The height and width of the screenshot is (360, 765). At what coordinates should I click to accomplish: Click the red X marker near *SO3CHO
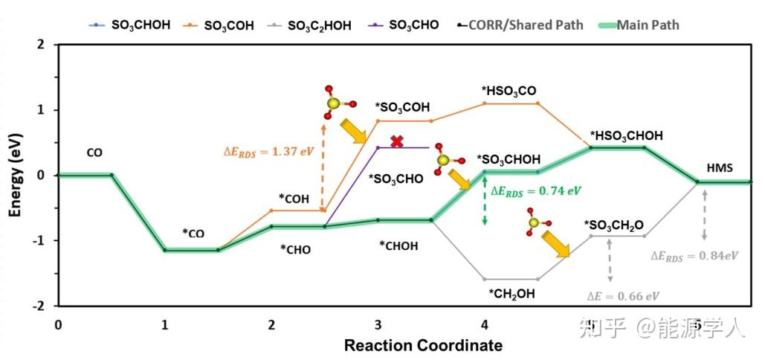pyautogui.click(x=397, y=141)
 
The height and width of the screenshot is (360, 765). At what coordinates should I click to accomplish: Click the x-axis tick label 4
pyautogui.click(x=485, y=325)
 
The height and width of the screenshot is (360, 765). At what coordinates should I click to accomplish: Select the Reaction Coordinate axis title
pyautogui.click(x=423, y=346)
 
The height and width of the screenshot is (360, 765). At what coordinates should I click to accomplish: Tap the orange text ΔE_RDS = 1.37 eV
pyautogui.click(x=268, y=151)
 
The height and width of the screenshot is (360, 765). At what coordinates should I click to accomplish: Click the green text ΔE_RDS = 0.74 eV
pyautogui.click(x=536, y=191)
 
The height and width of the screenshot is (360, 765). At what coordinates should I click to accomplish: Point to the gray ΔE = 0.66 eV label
pyautogui.click(x=622, y=296)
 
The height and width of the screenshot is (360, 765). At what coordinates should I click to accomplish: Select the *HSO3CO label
pyautogui.click(x=509, y=91)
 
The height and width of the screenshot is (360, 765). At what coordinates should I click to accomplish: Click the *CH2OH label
pyautogui.click(x=511, y=294)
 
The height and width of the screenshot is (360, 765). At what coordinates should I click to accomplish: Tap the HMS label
pyautogui.click(x=720, y=168)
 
